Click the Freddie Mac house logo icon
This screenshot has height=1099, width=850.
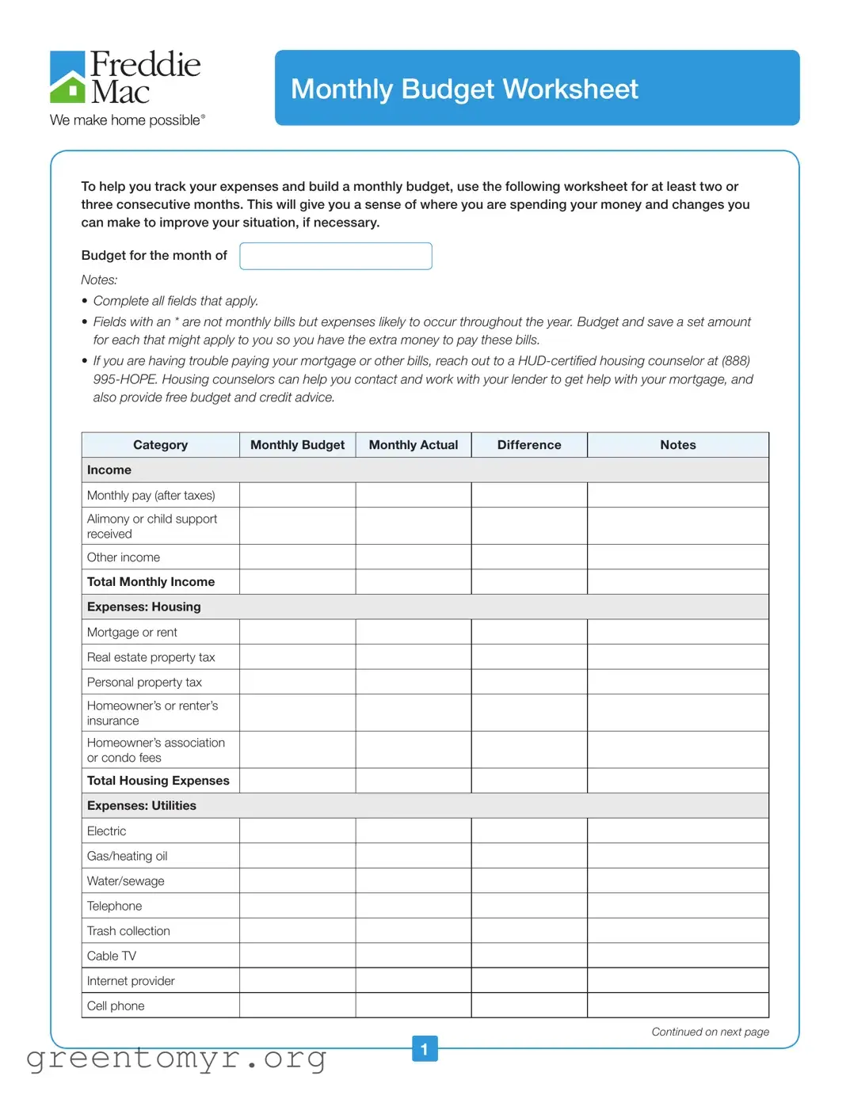click(67, 78)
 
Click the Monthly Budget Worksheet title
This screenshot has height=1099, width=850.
click(464, 89)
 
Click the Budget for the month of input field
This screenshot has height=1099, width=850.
click(336, 256)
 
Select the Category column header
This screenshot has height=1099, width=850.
click(160, 445)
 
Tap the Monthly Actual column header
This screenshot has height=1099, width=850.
click(413, 445)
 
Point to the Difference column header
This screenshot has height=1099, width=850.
click(528, 445)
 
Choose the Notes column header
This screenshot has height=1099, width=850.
click(677, 445)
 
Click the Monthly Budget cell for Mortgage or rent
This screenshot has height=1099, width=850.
click(297, 632)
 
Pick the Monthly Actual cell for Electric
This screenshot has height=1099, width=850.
click(413, 831)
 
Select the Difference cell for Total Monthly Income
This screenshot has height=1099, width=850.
click(528, 582)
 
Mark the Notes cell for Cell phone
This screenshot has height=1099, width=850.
click(677, 1006)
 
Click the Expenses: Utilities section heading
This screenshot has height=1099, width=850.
click(142, 805)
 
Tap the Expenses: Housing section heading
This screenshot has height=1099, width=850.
click(144, 607)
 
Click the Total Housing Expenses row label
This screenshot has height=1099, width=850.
click(158, 781)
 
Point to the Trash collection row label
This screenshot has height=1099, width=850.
click(128, 931)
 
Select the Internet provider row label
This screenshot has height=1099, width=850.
click(131, 981)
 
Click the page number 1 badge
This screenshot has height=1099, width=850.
click(425, 1049)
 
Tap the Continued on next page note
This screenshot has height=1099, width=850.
click(710, 1032)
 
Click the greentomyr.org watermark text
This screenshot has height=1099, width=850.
click(176, 1059)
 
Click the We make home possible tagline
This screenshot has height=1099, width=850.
click(127, 120)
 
